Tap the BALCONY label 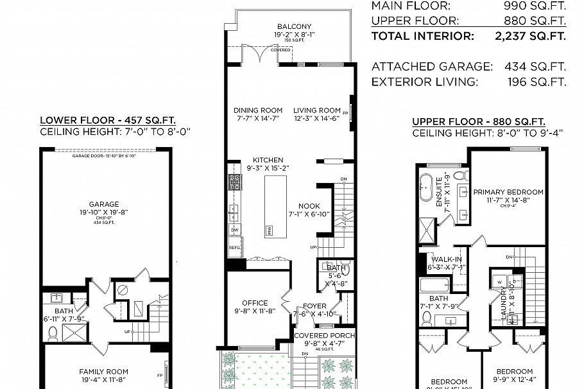pos(295,26)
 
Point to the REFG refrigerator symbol pos(235,246)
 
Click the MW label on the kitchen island pos(270,229)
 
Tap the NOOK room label pos(309,206)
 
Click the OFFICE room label pos(255,304)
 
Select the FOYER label pos(314,306)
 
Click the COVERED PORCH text pos(324,336)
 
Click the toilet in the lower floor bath pos(55,332)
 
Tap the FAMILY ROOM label pos(103,371)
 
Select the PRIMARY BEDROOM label pos(508,192)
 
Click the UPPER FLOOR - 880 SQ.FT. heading pos(479,121)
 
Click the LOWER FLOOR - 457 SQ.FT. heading pos(108,120)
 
